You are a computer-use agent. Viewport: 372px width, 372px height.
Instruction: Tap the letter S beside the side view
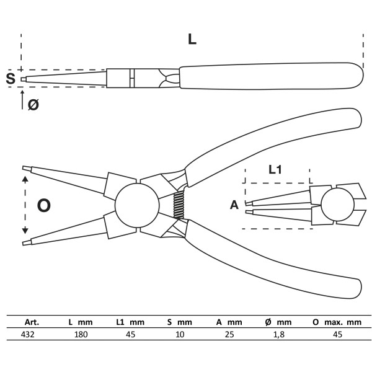click(x=11, y=79)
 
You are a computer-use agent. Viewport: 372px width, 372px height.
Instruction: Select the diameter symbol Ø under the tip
click(x=33, y=105)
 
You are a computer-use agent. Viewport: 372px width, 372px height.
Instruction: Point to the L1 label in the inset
click(x=277, y=168)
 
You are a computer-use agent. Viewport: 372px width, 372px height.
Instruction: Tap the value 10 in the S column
click(x=180, y=334)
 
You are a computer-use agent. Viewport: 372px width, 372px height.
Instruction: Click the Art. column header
click(x=32, y=322)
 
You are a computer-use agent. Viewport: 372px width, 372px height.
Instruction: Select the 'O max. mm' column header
click(x=337, y=322)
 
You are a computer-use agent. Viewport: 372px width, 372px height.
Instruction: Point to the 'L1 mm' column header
click(x=130, y=322)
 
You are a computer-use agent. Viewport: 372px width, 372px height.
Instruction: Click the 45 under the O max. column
click(x=337, y=334)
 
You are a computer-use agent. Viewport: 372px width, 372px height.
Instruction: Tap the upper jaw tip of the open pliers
click(x=26, y=169)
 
